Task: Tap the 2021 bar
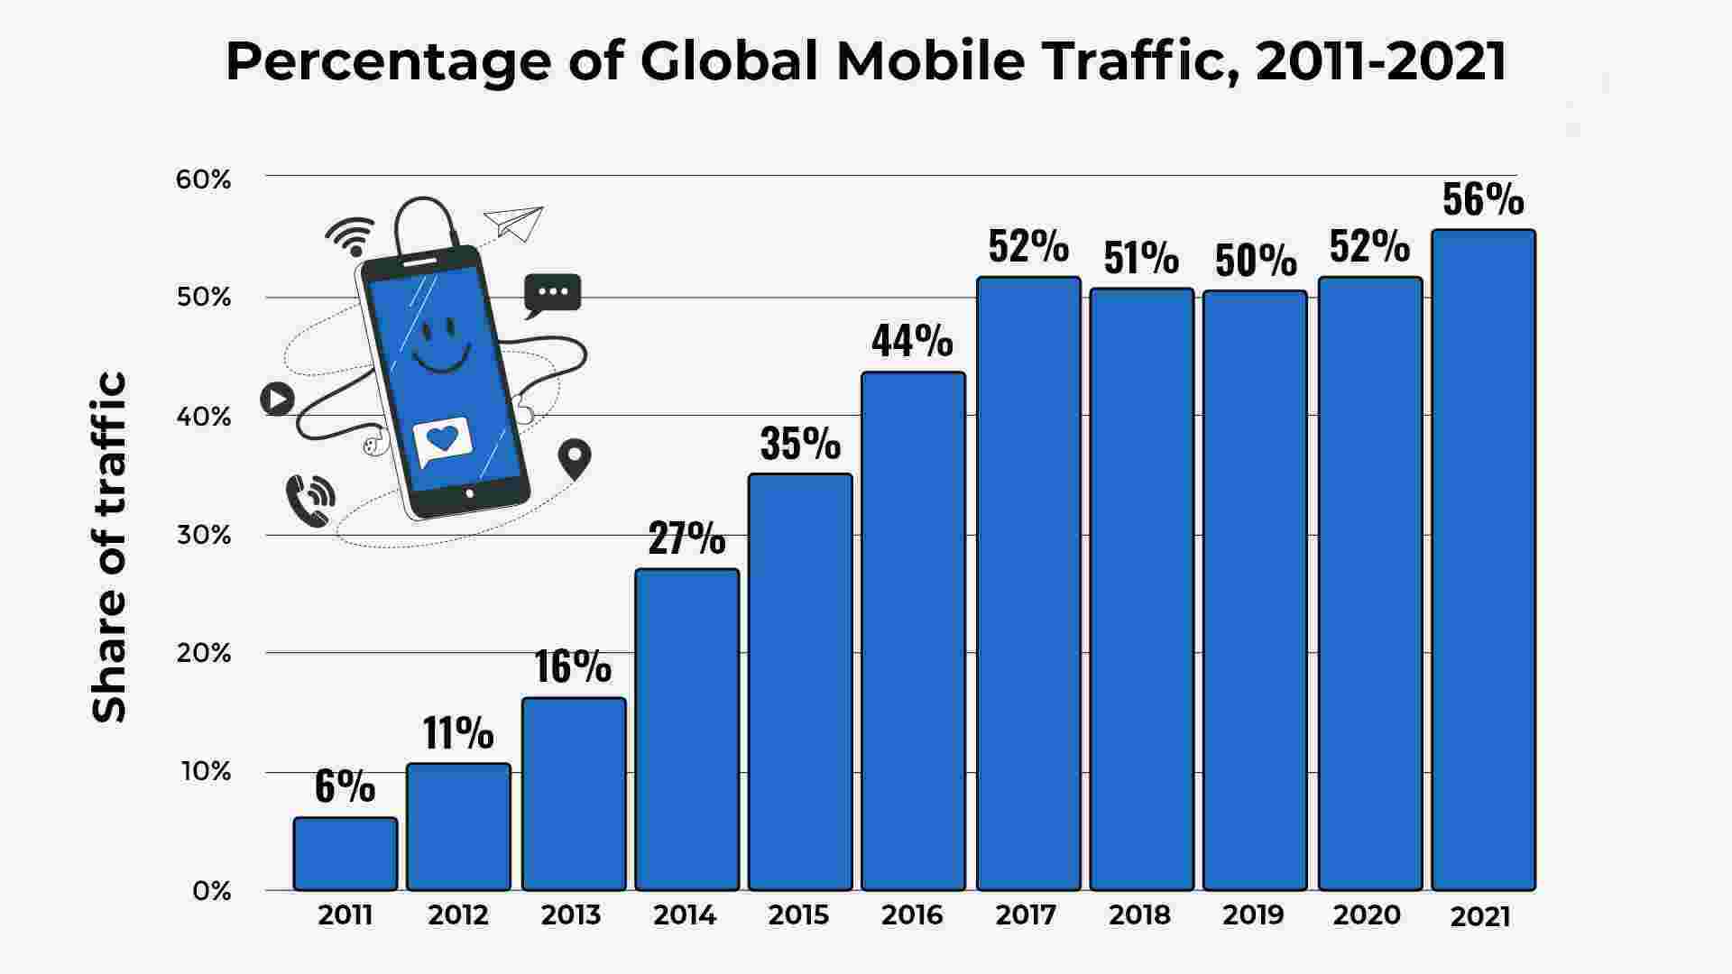[x=1483, y=559]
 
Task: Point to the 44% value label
[x=912, y=341]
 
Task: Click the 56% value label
[x=1483, y=200]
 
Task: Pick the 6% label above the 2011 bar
[x=345, y=786]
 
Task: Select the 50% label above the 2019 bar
[x=1256, y=261]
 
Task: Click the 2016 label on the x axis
[x=912, y=915]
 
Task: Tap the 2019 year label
[x=1253, y=915]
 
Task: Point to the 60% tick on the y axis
[x=204, y=179]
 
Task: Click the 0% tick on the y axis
[x=212, y=891]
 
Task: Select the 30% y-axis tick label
[x=204, y=535]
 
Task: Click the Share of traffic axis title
[x=110, y=547]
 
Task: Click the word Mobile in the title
[x=930, y=61]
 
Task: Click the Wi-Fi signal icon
[x=351, y=235]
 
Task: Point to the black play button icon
[x=277, y=399]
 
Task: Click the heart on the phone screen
[x=442, y=439]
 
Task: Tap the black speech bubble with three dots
[x=552, y=294]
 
